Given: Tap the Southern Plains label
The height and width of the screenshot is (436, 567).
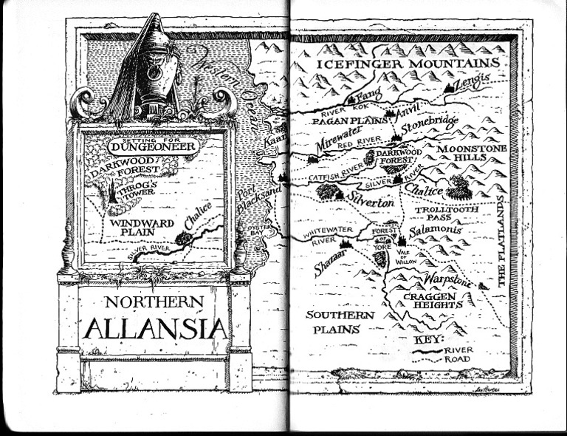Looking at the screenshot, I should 340,322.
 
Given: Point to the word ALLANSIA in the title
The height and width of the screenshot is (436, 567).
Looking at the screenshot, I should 155,326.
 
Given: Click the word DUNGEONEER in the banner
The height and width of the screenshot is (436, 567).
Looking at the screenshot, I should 151,146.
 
